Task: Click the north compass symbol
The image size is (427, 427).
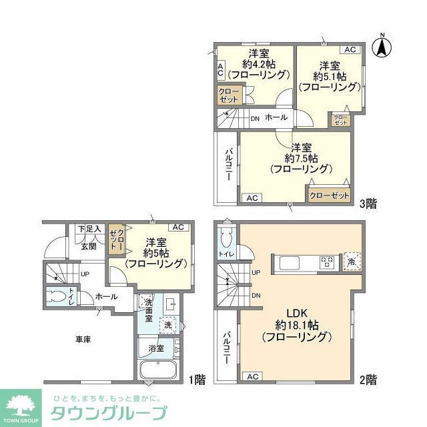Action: click(x=382, y=45)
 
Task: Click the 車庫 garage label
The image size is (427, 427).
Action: click(x=83, y=339)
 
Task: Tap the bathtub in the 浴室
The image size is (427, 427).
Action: click(x=160, y=371)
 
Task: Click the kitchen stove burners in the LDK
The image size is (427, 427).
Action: click(x=327, y=262)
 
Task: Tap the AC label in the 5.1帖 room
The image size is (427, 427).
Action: click(x=350, y=50)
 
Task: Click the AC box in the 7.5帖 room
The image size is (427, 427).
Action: click(x=252, y=198)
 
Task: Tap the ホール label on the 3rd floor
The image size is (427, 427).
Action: click(x=276, y=117)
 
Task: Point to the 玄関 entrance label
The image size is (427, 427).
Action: click(x=89, y=246)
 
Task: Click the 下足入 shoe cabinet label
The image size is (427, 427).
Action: click(x=89, y=229)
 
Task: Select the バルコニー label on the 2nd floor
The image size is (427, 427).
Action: click(x=228, y=347)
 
